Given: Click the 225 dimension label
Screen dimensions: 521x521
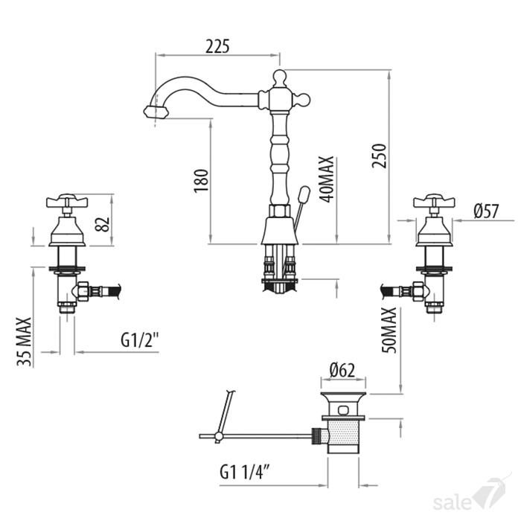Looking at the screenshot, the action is (x=217, y=46).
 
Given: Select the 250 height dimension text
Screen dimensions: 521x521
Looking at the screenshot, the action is (x=380, y=156).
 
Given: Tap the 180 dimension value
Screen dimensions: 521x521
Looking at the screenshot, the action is (x=202, y=180).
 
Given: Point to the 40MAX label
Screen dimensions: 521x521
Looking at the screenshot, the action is (x=326, y=179).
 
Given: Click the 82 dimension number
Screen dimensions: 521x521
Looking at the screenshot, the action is (x=103, y=224).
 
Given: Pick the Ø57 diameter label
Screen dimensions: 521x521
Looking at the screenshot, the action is (x=487, y=211).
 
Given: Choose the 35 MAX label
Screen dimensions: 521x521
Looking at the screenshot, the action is (x=25, y=342).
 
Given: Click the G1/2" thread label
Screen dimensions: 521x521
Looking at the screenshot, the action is (x=140, y=340).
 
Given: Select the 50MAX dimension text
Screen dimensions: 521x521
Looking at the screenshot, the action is (x=389, y=330).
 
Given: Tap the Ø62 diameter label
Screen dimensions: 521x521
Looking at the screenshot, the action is (x=342, y=370).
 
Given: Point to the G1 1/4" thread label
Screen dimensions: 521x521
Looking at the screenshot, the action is (x=245, y=472).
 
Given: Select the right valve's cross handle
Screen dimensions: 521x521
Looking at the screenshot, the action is (x=434, y=201).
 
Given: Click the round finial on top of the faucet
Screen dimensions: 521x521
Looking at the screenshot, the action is (x=279, y=77).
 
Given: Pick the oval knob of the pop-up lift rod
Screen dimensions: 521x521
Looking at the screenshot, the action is (x=304, y=194).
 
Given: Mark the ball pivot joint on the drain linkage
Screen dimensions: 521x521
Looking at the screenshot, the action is (x=219, y=436).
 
